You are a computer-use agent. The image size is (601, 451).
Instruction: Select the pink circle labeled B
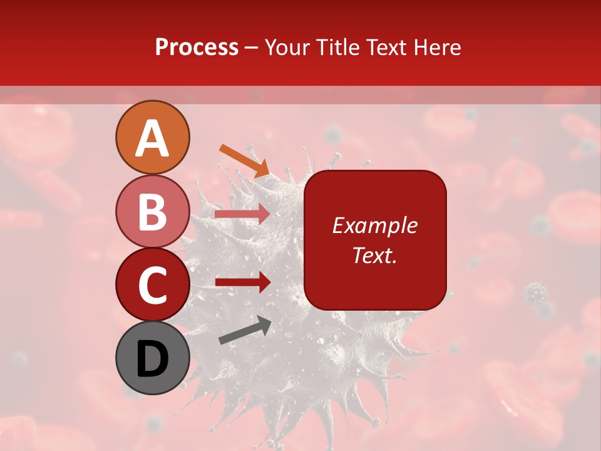pos(152,211)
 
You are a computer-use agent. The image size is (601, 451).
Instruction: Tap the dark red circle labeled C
pos(152,284)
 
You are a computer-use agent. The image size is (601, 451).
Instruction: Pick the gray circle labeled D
pos(152,358)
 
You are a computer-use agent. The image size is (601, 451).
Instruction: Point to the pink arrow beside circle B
pos(242,214)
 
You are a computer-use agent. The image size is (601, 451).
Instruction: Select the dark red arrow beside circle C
pos(243,283)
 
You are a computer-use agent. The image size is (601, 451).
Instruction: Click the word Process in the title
pos(197,47)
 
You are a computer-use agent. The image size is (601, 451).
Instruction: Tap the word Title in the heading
pos(338,47)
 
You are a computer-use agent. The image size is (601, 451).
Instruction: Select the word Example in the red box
pos(375,225)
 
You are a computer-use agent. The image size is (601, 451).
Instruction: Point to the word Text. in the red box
pos(375,255)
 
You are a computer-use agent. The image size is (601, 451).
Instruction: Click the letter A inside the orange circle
pos(152,138)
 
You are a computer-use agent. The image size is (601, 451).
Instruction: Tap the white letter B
pos(152,211)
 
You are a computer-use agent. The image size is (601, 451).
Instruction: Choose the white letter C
pos(152,285)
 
